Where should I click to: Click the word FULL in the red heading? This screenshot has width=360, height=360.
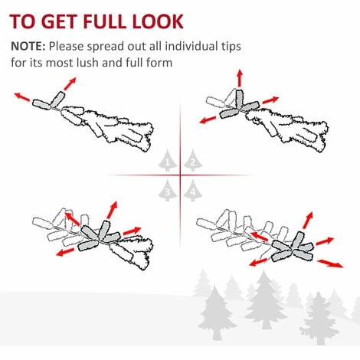click(x=105, y=21)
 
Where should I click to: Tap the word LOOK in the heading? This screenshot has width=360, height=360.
click(x=158, y=21)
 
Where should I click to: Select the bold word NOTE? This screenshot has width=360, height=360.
click(x=28, y=46)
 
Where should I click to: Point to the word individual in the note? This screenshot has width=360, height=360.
click(x=189, y=46)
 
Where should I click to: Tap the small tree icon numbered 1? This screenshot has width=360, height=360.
click(x=168, y=160)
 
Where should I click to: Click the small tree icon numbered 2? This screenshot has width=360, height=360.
click(x=193, y=160)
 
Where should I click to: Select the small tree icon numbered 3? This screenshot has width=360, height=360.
click(x=168, y=191)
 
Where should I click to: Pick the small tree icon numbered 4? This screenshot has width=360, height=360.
click(x=193, y=191)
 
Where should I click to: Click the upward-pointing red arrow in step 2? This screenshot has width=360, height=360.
click(x=240, y=78)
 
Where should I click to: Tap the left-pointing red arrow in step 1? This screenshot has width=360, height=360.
click(x=22, y=97)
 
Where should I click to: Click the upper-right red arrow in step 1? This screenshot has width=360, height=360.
click(x=70, y=83)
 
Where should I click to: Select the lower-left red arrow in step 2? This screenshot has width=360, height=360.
click(x=208, y=119)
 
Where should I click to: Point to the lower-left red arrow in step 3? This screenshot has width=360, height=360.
click(x=65, y=252)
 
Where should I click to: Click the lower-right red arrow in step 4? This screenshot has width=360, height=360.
click(x=330, y=263)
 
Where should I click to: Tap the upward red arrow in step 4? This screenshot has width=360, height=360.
click(x=308, y=220)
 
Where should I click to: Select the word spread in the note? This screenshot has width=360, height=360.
click(x=105, y=47)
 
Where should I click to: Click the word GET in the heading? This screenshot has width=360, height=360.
click(x=60, y=21)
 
